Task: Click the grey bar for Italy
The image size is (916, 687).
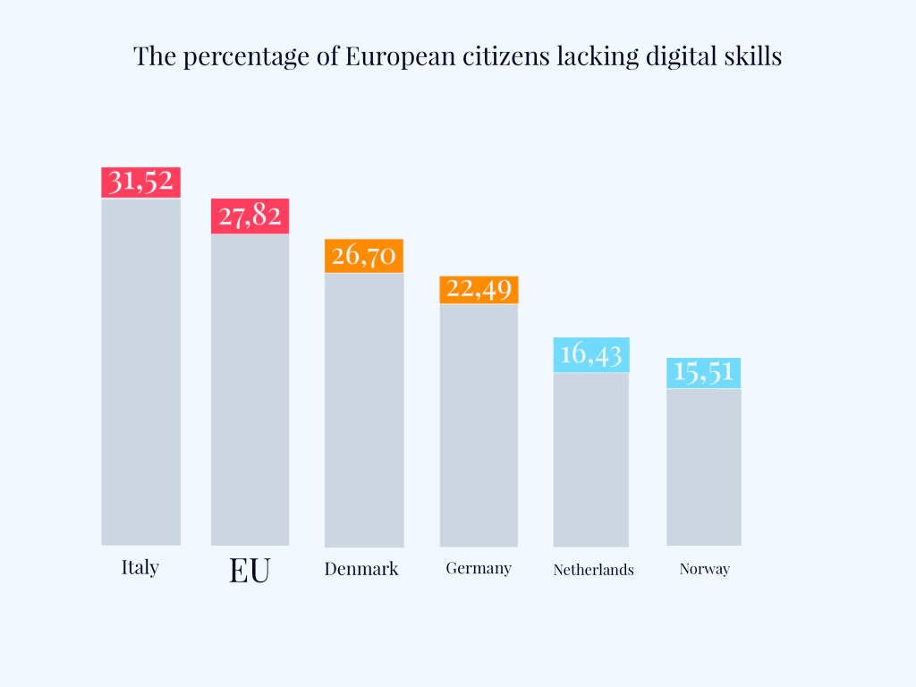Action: click(x=140, y=371)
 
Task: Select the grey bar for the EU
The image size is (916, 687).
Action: click(x=250, y=389)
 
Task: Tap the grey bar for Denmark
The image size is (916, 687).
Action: click(x=364, y=410)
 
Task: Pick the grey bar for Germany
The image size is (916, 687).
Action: click(x=479, y=425)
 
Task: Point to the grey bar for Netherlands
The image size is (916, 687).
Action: click(x=590, y=459)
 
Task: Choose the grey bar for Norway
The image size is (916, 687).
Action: click(x=704, y=467)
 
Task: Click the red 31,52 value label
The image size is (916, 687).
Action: click(x=140, y=182)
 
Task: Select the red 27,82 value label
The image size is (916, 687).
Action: click(x=250, y=216)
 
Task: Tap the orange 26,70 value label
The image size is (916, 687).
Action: click(x=364, y=256)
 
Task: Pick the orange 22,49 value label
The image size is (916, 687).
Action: click(x=479, y=290)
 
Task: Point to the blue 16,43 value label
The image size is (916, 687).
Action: click(x=590, y=354)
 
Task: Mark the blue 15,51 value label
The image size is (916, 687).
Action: click(x=704, y=372)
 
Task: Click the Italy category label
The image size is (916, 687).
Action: click(x=140, y=567)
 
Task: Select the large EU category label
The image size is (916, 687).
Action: click(x=250, y=571)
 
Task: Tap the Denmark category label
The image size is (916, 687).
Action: click(x=361, y=569)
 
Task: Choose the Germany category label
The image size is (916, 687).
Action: click(x=479, y=568)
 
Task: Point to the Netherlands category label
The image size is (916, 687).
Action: click(x=593, y=570)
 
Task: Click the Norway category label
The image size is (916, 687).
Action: click(x=705, y=569)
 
